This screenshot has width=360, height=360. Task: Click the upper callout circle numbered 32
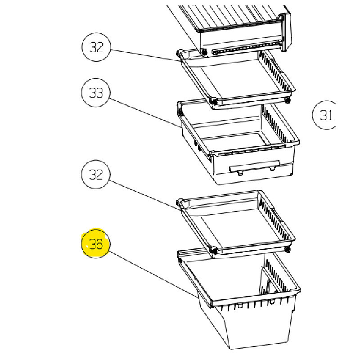click(x=96, y=47)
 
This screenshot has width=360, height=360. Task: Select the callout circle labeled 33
click(x=96, y=93)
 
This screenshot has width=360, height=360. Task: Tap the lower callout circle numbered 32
click(x=96, y=175)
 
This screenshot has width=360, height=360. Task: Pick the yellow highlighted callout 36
click(x=96, y=243)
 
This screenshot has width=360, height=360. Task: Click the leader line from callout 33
click(x=144, y=113)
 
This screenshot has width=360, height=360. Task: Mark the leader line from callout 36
click(x=153, y=274)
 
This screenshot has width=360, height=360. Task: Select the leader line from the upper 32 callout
click(x=145, y=55)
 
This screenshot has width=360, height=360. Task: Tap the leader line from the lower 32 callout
click(x=144, y=195)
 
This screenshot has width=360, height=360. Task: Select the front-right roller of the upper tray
click(x=288, y=100)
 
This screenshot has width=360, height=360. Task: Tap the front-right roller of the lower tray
click(x=288, y=249)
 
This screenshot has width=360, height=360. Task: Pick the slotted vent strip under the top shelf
click(x=246, y=48)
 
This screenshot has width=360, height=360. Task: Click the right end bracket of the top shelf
click(x=285, y=31)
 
